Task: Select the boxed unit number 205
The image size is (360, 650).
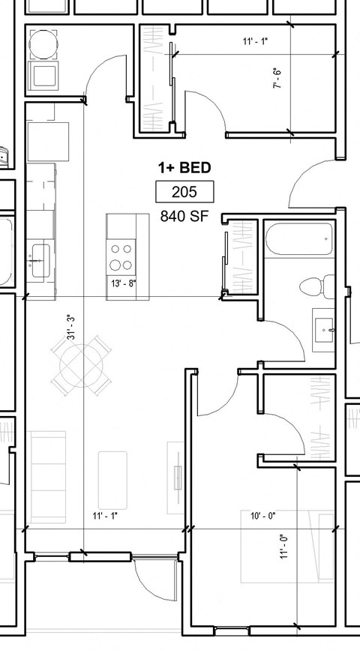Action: (184, 193)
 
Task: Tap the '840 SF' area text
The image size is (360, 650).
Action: (184, 217)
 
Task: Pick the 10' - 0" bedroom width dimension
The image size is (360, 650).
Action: (262, 515)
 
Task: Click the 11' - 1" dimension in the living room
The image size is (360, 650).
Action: (105, 515)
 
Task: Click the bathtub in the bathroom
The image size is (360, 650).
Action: (298, 239)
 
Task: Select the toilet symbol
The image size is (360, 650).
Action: (316, 286)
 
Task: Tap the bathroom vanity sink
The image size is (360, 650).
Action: (325, 327)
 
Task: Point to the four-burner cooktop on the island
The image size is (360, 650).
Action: (121, 256)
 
